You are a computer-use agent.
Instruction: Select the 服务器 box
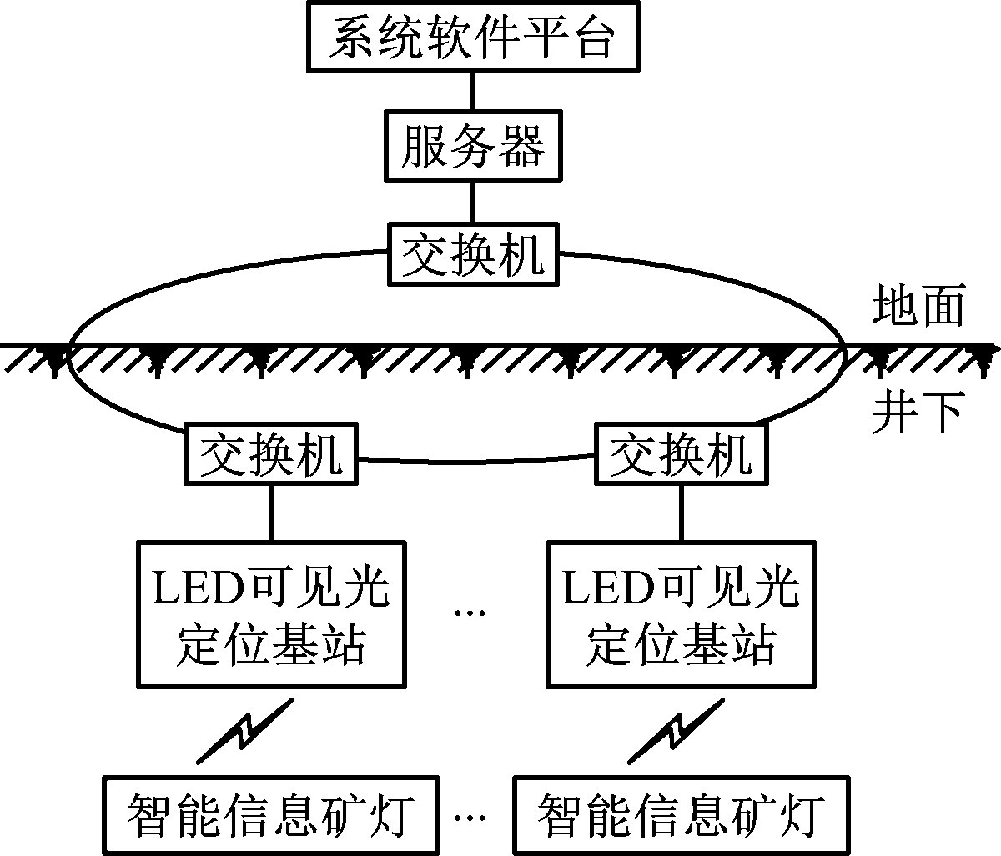coord(473,148)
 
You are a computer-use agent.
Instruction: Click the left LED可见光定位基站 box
coord(270,614)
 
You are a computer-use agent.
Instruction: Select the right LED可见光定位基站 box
coord(681,614)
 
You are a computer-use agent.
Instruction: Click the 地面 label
coord(918,306)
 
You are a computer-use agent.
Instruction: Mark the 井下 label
coord(918,409)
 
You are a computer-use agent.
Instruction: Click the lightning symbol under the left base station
coord(244,731)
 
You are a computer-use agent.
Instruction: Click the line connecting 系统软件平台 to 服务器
coord(473,93)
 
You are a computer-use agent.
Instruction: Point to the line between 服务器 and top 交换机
coord(473,200)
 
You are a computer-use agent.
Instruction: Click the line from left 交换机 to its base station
coord(270,512)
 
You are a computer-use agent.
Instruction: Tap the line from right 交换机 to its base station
coord(681,512)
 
